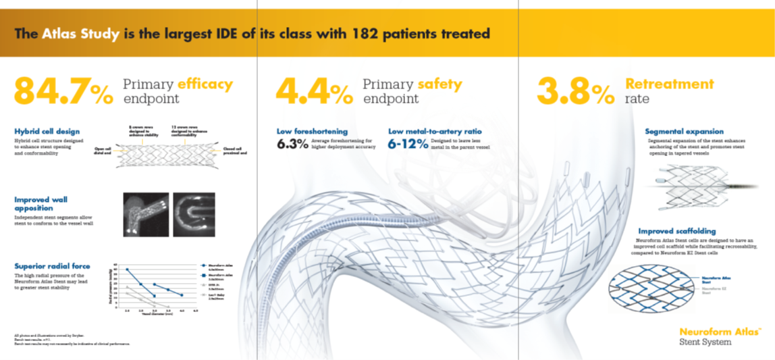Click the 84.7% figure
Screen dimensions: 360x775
pos(63,91)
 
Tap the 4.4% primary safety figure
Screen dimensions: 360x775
pos(315,91)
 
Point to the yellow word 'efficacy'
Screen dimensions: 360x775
pos(205,84)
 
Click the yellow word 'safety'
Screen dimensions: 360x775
pos(439,84)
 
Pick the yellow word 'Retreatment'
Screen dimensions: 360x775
pos(669,84)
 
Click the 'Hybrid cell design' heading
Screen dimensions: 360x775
pos(47,131)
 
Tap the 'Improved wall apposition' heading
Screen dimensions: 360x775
pos(41,203)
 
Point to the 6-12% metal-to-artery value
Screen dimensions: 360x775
pos(408,143)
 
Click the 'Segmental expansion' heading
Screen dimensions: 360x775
pos(684,131)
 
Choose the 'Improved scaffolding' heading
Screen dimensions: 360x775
pos(677,231)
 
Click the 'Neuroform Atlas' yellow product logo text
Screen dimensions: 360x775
pos(720,332)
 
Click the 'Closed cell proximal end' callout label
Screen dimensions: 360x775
pos(234,150)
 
